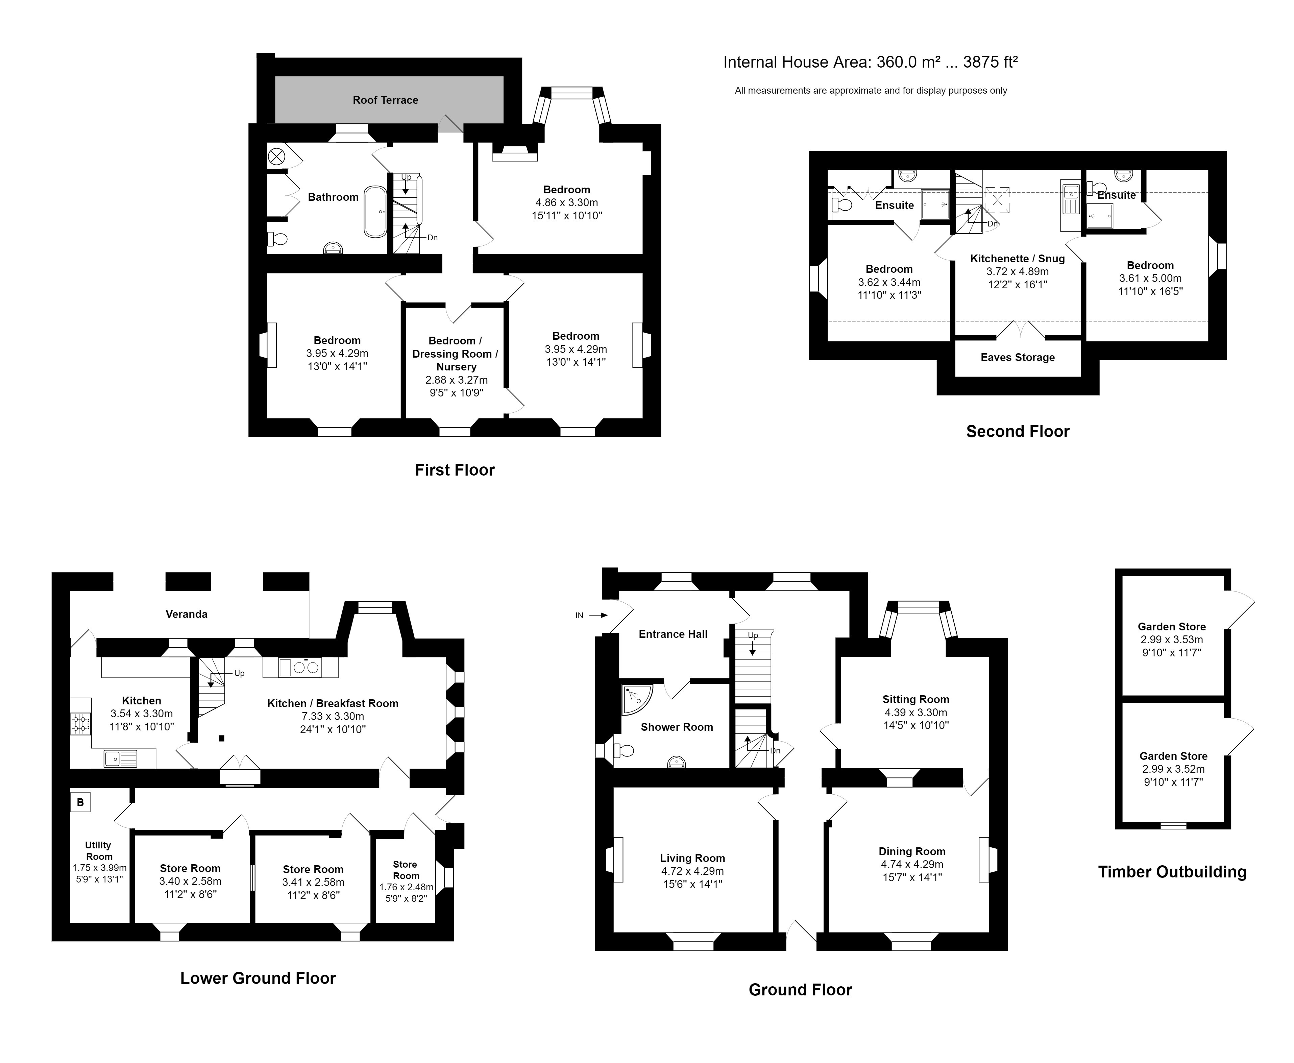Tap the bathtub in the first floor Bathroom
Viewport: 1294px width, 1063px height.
(x=375, y=212)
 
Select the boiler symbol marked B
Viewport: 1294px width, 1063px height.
(x=80, y=802)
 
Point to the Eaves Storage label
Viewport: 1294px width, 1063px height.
(x=1017, y=357)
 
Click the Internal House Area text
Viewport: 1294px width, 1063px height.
(x=871, y=62)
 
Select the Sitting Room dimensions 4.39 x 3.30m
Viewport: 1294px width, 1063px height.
(x=916, y=712)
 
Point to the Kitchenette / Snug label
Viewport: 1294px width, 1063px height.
(x=1017, y=259)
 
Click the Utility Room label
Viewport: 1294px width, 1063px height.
(x=99, y=850)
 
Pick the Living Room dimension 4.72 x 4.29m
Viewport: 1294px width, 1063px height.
(x=692, y=871)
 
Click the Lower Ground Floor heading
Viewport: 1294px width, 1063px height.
(x=258, y=979)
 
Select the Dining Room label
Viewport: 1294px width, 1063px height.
(x=912, y=851)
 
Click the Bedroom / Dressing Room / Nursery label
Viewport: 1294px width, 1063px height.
(x=456, y=353)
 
